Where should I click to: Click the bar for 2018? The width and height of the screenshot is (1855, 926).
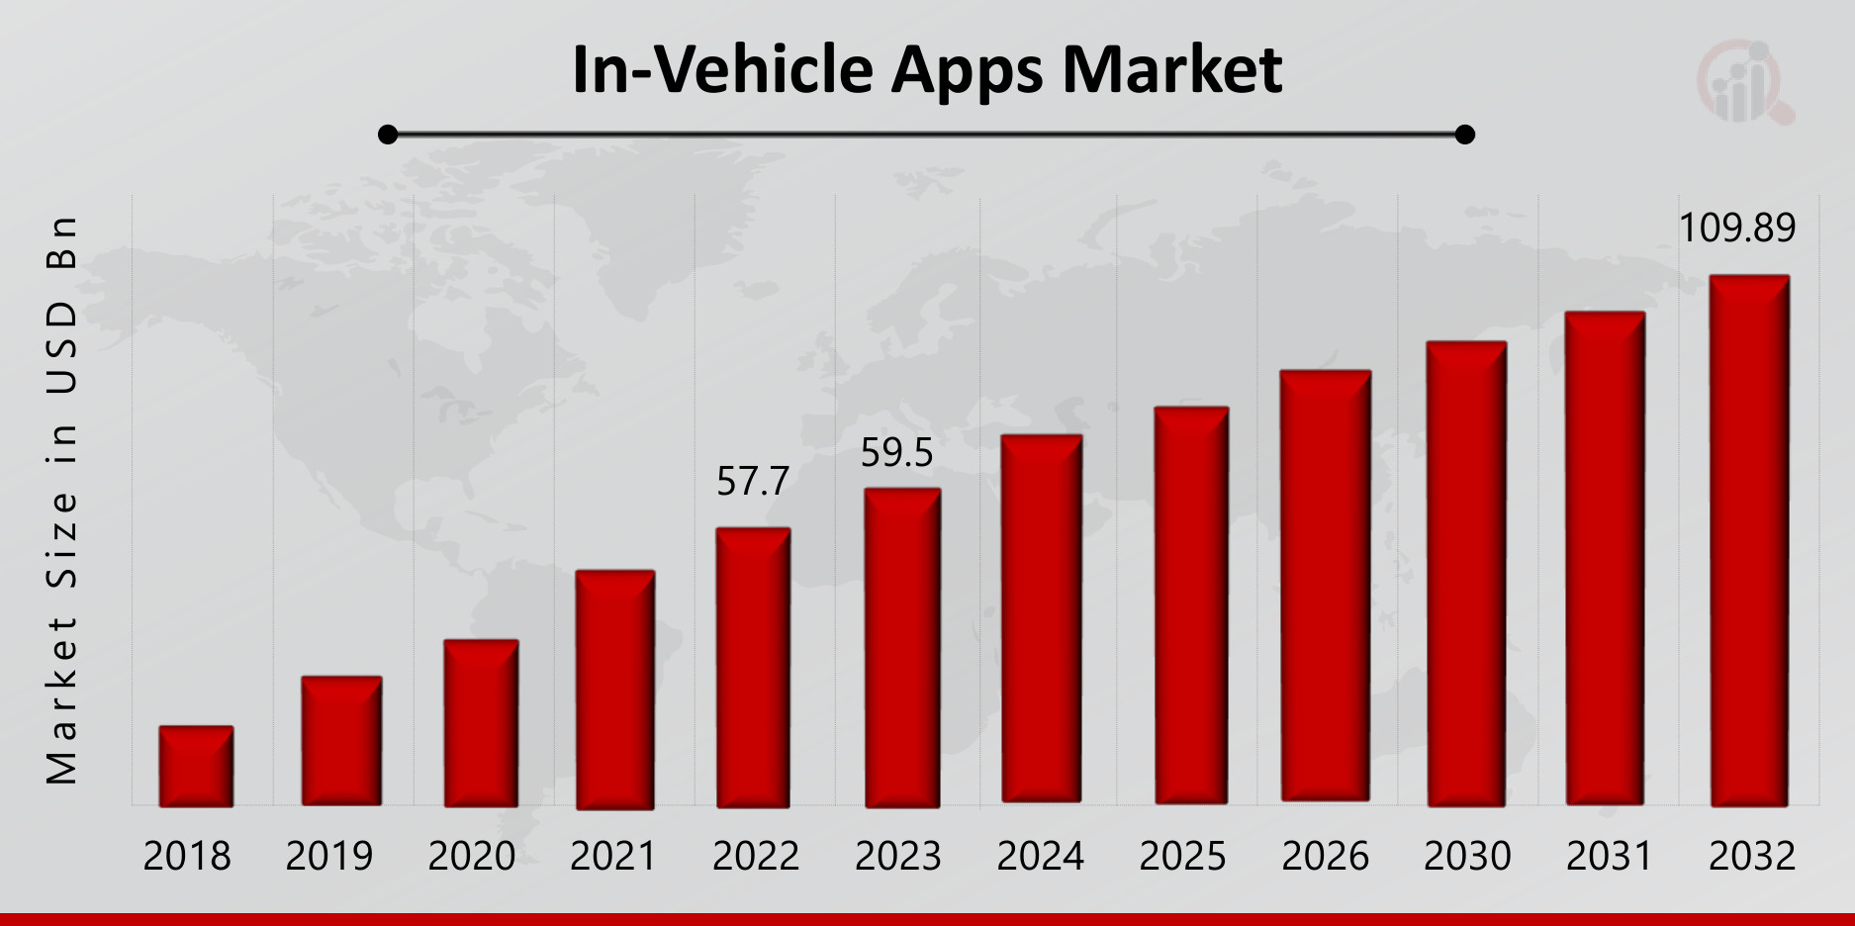(x=196, y=767)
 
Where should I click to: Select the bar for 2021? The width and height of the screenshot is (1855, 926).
(x=614, y=690)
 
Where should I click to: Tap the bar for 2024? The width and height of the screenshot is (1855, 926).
(x=1041, y=618)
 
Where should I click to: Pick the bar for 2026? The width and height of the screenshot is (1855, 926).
(x=1326, y=586)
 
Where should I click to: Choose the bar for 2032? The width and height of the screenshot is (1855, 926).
(x=1749, y=540)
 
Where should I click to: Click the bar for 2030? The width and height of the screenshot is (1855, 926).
(x=1466, y=574)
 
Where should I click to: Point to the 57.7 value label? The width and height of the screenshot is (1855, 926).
(x=753, y=482)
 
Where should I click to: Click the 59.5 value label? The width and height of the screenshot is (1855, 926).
(x=896, y=453)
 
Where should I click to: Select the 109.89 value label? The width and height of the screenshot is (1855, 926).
(x=1736, y=229)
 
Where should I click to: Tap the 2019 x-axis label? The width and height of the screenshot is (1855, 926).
(x=329, y=857)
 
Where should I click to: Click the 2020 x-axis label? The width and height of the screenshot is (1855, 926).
(x=472, y=857)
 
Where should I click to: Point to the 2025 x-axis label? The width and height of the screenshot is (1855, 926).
(x=1182, y=857)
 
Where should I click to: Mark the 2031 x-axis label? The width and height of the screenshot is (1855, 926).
(x=1610, y=857)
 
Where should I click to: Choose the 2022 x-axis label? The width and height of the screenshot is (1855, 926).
(x=756, y=857)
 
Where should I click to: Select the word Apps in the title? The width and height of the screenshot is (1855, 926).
(x=967, y=71)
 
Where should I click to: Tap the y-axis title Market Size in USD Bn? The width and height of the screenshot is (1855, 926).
(x=61, y=500)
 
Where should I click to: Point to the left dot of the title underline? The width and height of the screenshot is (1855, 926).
(x=388, y=135)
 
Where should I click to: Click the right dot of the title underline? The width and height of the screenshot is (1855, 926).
(x=1465, y=135)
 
